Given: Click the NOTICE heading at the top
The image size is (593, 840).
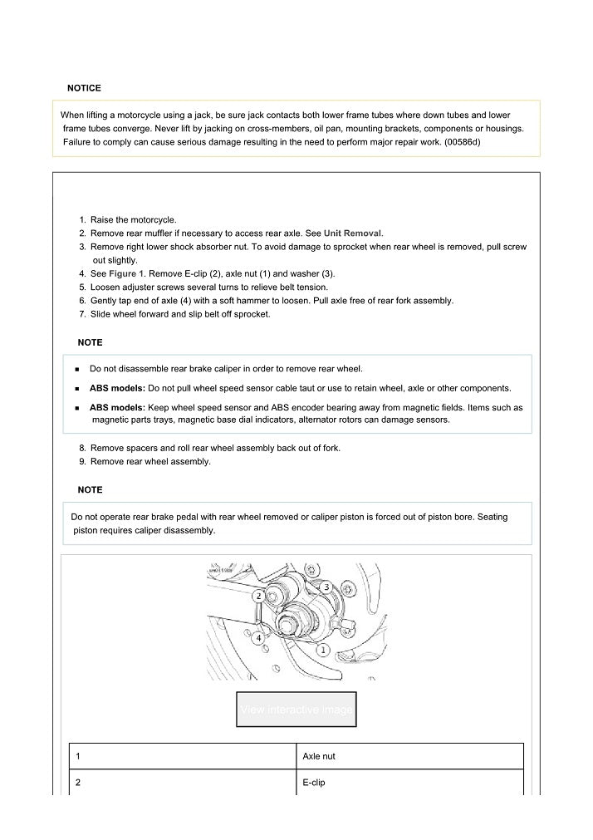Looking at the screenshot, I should (x=84, y=88).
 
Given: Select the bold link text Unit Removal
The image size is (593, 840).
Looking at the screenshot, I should (x=353, y=233).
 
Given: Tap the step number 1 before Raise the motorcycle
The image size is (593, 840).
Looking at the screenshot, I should (x=82, y=220).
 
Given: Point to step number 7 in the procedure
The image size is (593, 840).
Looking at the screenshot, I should (x=82, y=313).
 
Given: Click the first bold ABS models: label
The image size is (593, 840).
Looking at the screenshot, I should (x=117, y=388).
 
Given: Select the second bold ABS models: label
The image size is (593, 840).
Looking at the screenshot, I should (x=117, y=408).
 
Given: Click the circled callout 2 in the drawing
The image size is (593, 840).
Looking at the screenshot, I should (x=259, y=596).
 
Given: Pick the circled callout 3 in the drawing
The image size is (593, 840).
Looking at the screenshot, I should (x=327, y=587).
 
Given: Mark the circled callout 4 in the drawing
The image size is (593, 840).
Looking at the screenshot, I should (x=259, y=637).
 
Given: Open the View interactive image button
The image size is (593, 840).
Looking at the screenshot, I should (x=296, y=710).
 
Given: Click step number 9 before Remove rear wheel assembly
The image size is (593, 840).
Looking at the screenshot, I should (x=82, y=461).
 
